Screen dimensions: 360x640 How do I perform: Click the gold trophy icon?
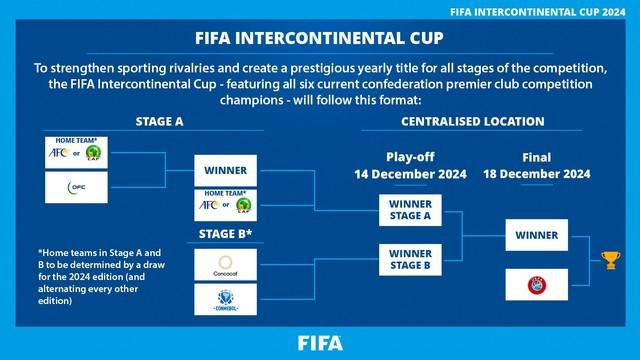click(607, 261)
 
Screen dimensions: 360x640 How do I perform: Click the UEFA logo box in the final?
click(538, 283)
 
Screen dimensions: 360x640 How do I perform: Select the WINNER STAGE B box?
click(411, 259)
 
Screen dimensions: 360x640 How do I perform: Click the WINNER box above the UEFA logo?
click(537, 236)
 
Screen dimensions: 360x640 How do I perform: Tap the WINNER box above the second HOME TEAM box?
click(225, 171)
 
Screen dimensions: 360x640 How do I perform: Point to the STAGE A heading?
click(160, 121)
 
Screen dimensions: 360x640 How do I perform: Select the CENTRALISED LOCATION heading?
click(473, 121)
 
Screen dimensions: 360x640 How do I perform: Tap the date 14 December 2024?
click(410, 174)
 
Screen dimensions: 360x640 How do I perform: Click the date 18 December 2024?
click(536, 174)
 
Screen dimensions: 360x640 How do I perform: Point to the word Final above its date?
click(536, 158)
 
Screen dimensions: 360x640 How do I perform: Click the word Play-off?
click(410, 158)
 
